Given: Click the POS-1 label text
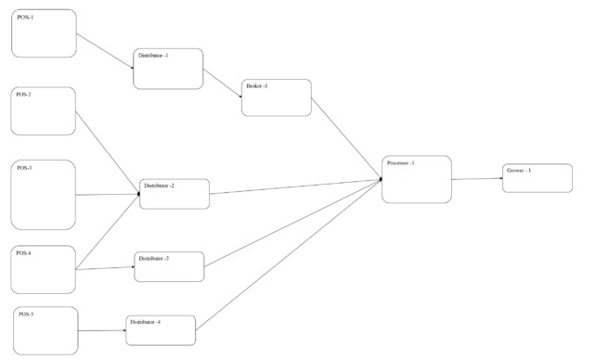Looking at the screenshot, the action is [x=25, y=18].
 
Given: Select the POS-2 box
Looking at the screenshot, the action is [x=43, y=111].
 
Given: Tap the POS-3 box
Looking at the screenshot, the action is [x=43, y=195].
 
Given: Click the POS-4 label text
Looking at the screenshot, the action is [x=24, y=253].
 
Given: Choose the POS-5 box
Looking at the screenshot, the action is [x=45, y=331].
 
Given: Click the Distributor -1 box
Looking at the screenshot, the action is [x=168, y=69].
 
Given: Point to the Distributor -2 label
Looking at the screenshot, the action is [x=160, y=186].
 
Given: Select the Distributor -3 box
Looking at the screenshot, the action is [x=169, y=267].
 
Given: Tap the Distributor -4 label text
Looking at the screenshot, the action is [x=145, y=322].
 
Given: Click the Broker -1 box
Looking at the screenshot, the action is [x=277, y=97].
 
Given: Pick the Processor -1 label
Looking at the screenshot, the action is [x=401, y=163].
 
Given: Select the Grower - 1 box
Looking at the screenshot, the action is [x=538, y=178].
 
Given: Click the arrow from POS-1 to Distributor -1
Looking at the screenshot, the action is [x=105, y=51].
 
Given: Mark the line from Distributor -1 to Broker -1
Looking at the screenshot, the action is [x=223, y=84].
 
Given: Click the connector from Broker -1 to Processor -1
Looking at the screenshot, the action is [x=346, y=138].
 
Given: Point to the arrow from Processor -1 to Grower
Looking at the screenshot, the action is [x=477, y=179].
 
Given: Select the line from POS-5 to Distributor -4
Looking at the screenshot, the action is [x=102, y=331].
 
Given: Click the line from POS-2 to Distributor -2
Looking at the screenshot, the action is [x=108, y=152].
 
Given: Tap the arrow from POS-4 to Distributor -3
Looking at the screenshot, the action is [x=105, y=268].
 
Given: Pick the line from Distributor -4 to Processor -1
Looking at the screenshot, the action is [x=289, y=255].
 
